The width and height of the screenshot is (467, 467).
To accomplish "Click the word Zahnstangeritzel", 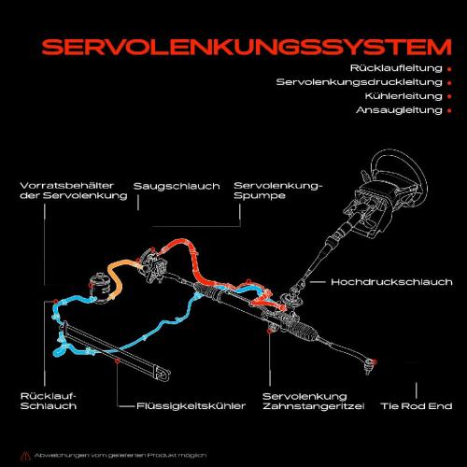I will coord(305,406).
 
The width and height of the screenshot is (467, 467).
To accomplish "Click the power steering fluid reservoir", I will coord(99,284).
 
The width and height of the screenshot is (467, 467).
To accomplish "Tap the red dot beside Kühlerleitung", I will coord(450,96).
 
